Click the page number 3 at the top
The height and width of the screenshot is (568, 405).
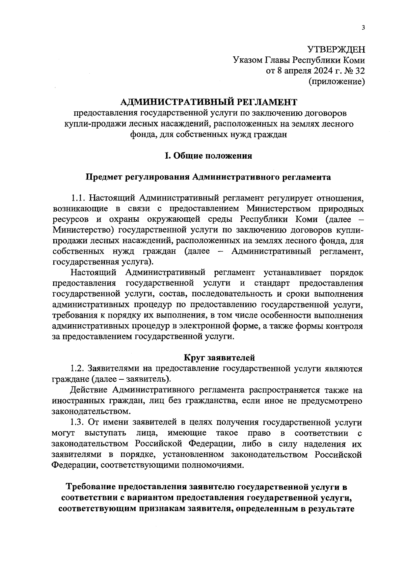point(363,28)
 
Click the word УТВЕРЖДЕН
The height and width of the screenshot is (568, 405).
point(336,50)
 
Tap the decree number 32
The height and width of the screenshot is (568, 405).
point(360,71)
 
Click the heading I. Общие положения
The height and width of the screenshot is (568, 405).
point(208,156)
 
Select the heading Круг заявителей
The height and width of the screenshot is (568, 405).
point(219,358)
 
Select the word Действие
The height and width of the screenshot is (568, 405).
point(88,390)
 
